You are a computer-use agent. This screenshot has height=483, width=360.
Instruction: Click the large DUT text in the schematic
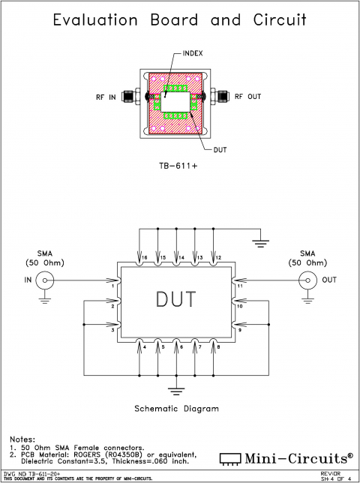177,299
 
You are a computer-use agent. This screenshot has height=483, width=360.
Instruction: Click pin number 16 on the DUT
143,257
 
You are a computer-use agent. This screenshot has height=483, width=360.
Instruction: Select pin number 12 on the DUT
217,257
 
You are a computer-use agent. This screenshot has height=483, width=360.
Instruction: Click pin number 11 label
240,286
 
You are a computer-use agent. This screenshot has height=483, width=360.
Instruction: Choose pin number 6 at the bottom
178,346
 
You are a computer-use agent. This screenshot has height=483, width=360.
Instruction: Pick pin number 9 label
240,329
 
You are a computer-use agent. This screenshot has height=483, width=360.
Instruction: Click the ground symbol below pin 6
177,390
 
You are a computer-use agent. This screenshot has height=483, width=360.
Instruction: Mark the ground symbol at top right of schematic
260,241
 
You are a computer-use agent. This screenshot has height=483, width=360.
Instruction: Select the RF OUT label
249,97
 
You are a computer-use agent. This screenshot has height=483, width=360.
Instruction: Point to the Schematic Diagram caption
176,409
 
